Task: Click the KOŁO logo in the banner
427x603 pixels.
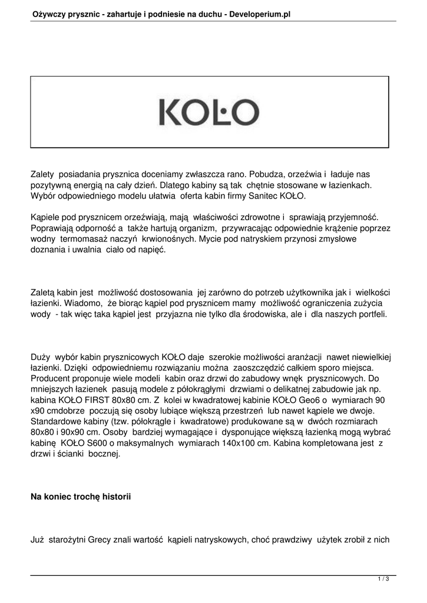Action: point(209,112)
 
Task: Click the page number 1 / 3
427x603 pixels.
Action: point(383,579)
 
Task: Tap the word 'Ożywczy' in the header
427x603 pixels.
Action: point(49,12)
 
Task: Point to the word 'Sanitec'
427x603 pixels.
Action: point(254,196)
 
